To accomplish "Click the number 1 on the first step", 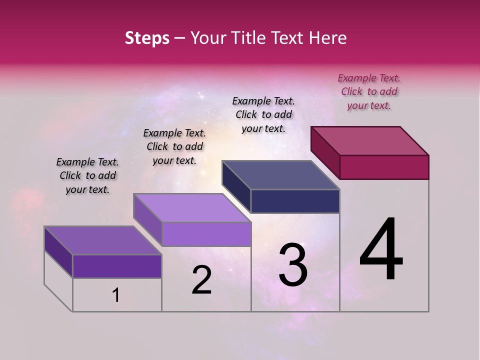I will click(x=116, y=295).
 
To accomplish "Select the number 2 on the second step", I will click(x=201, y=280).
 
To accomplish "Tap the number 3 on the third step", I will click(x=293, y=265).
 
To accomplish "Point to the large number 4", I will click(x=381, y=249).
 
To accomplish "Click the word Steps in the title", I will click(x=147, y=38).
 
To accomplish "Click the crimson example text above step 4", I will click(x=369, y=91).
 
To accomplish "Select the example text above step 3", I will click(x=263, y=114).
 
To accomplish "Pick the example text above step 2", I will click(x=174, y=146).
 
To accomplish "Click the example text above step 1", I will click(x=87, y=175).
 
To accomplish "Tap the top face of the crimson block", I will click(x=370, y=140).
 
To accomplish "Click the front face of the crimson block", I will click(x=384, y=167).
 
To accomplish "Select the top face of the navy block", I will click(x=281, y=175).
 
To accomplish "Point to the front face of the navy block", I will click(x=295, y=201).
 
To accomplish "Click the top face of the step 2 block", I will click(x=192, y=208).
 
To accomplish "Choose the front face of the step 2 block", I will click(x=206, y=234).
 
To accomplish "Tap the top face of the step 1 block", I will click(x=103, y=240).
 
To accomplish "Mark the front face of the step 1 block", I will click(x=117, y=266).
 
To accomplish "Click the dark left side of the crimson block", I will click(x=325, y=152).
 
